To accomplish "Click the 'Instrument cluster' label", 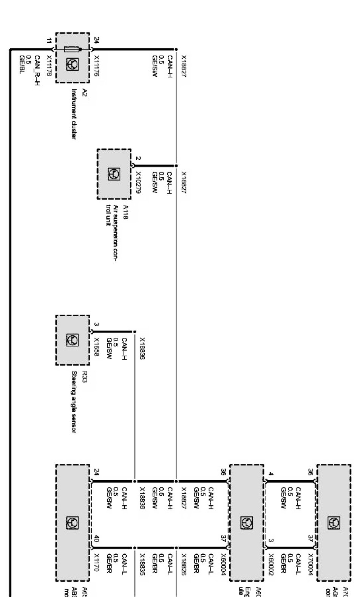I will [74, 114].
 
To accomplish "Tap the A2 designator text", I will [85, 93].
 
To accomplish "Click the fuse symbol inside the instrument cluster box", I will [72, 49].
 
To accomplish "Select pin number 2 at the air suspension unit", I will [138, 159].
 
